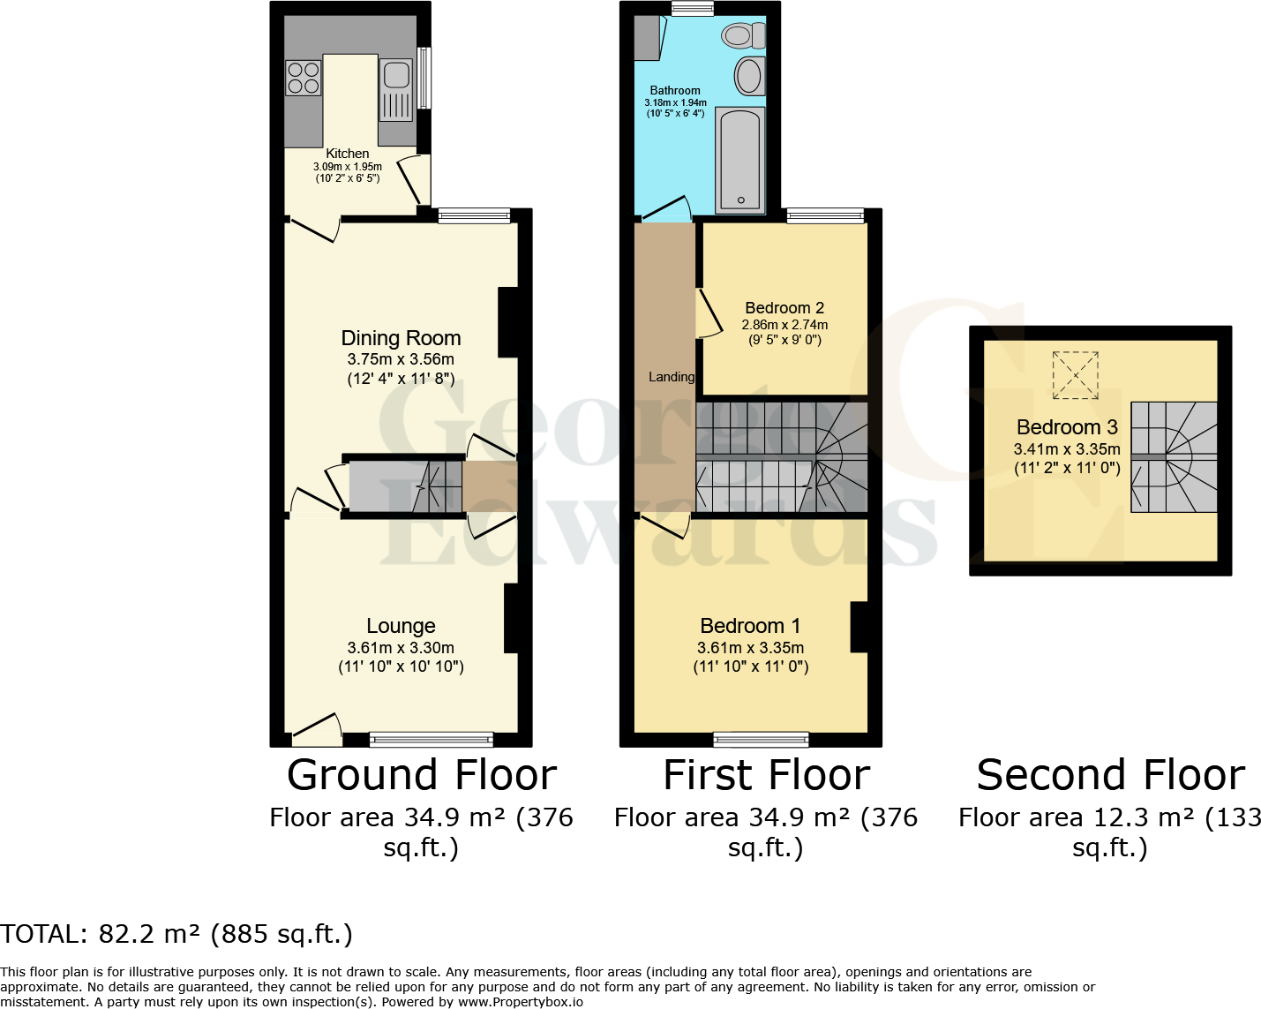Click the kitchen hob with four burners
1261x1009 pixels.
click(303, 78)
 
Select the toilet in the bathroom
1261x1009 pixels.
click(742, 36)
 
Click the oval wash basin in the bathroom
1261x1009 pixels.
click(750, 76)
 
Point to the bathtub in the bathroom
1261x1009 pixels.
click(739, 161)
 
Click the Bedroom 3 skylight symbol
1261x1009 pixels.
click(1076, 375)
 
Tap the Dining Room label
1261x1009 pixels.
click(401, 338)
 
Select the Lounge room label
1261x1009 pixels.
click(401, 626)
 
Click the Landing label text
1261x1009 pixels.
click(672, 377)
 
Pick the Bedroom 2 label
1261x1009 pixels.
click(784, 308)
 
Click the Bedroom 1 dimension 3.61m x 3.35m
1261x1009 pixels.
click(750, 648)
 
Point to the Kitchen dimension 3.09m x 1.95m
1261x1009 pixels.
click(348, 167)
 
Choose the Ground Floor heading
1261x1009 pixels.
click(422, 775)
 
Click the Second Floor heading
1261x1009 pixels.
click(1110, 775)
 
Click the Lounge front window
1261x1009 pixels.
click(432, 740)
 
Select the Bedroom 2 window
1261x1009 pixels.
click(825, 215)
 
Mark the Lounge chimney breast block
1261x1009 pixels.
click(511, 619)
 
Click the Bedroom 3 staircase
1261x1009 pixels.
click(1174, 457)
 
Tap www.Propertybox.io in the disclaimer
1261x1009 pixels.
click(520, 1002)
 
